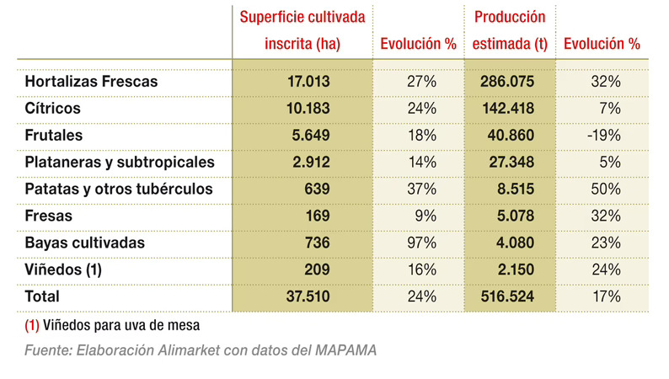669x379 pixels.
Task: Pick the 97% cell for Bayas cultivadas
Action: [x=421, y=243]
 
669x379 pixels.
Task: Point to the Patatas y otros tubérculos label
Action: [x=119, y=189]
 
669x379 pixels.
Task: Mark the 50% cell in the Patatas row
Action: [x=606, y=189]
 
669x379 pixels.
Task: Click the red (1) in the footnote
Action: [x=35, y=323]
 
